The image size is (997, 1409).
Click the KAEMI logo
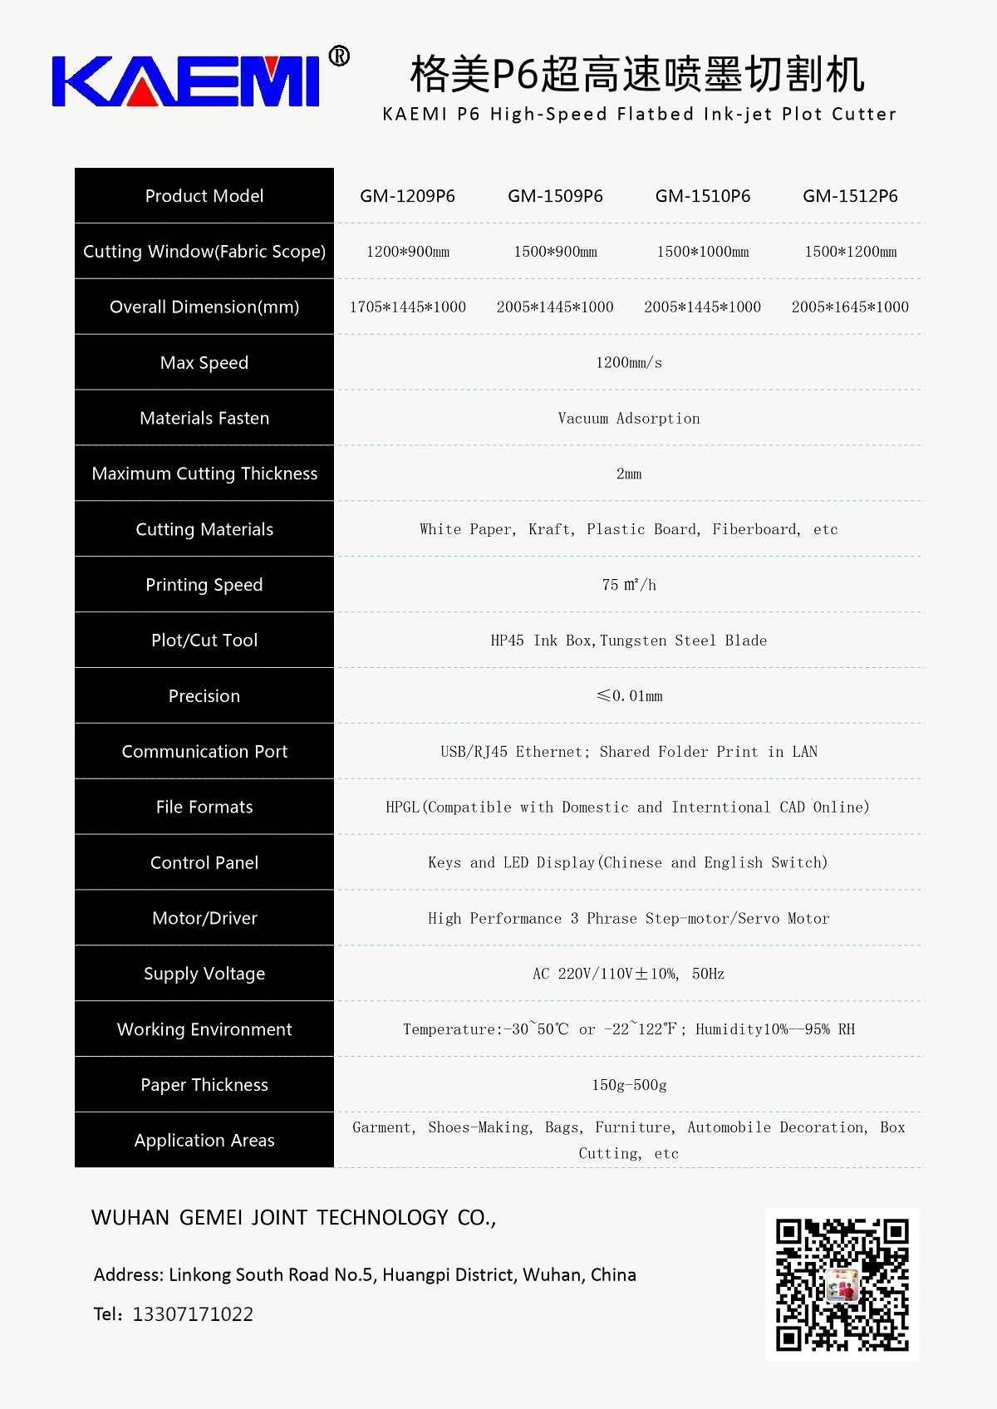pyautogui.click(x=185, y=81)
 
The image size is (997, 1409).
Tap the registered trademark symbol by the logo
pyautogui.click(x=339, y=56)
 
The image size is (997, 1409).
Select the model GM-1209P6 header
pyautogui.click(x=407, y=196)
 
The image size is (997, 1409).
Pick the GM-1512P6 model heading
pyautogui.click(x=850, y=196)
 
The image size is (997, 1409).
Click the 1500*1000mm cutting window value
pyautogui.click(x=703, y=252)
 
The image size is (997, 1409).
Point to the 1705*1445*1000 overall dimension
pyautogui.click(x=407, y=307)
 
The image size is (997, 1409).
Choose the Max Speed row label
pyautogui.click(x=204, y=363)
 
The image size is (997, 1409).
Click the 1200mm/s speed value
pyautogui.click(x=629, y=363)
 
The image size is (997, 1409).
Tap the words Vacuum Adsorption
pyautogui.click(x=629, y=419)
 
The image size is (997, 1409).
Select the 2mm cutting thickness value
pyautogui.click(x=629, y=474)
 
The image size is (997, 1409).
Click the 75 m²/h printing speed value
pyautogui.click(x=629, y=585)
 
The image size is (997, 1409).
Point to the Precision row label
pyautogui.click(x=204, y=696)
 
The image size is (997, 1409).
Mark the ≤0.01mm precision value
pyautogui.click(x=629, y=696)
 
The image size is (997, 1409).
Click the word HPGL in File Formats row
pyautogui.click(x=403, y=808)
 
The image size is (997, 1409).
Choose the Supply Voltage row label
pyautogui.click(x=204, y=974)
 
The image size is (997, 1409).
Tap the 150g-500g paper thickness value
pyautogui.click(x=629, y=1085)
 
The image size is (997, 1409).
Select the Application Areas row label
pyautogui.click(x=204, y=1141)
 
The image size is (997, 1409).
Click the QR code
pyautogui.click(x=842, y=1284)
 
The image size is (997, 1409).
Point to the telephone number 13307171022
pyautogui.click(x=193, y=1314)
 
